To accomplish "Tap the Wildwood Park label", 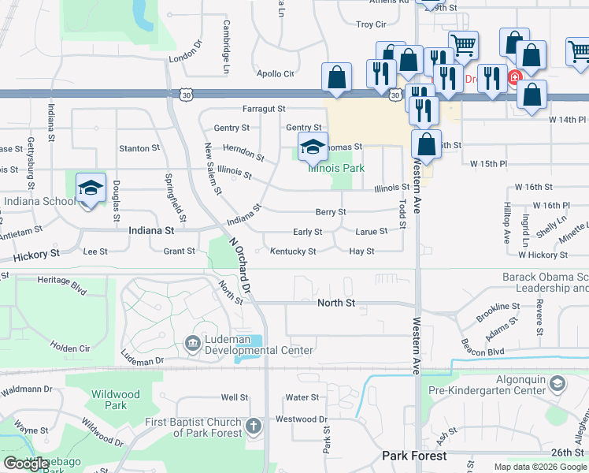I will point(115,400).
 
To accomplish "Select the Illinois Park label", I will point(336,168).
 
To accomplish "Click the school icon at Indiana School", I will point(91,188).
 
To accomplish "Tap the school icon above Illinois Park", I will point(313,147).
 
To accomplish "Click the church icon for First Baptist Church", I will point(253,427).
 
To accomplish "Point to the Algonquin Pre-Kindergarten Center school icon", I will point(557,384).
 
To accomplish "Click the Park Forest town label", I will point(414,456).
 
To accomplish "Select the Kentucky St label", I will point(293,251).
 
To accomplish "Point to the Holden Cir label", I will point(70,348).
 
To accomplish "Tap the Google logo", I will point(26,464).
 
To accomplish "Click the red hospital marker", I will point(514,77).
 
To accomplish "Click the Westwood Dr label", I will point(302,419).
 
